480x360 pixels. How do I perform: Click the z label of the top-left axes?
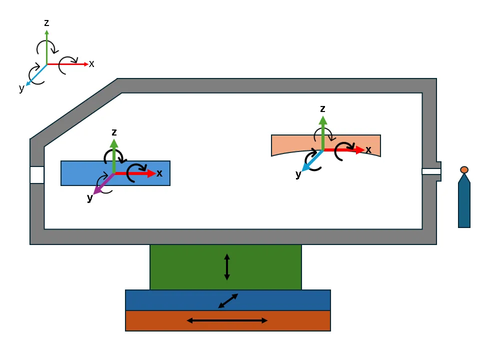[46, 22]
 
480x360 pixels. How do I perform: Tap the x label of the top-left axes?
[91, 63]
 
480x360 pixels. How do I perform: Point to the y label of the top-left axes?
[21, 88]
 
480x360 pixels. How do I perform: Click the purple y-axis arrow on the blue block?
[104, 183]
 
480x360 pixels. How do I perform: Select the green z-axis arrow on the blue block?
[114, 156]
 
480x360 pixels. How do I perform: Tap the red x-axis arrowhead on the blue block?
[151, 173]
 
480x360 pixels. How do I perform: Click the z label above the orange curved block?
[322, 108]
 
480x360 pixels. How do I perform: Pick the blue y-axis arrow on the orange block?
[312, 160]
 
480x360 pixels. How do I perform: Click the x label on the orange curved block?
[368, 149]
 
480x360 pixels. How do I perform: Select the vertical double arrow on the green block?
[227, 267]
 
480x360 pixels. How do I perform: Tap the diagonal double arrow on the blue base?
[228, 301]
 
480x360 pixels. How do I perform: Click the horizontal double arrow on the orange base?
[227, 320]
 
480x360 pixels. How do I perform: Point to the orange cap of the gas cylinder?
[464, 169]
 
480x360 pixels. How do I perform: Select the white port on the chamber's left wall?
[37, 175]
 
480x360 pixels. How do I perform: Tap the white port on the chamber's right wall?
[431, 171]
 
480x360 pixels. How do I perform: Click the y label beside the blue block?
[89, 198]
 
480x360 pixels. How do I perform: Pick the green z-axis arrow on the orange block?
[322, 133]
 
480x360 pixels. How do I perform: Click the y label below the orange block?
[298, 174]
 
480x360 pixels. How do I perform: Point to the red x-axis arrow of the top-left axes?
[67, 64]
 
